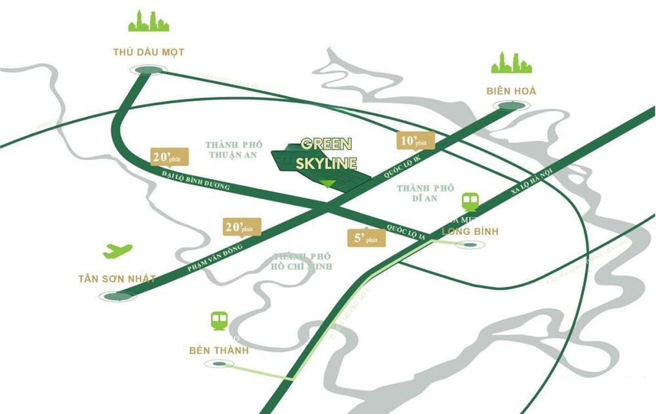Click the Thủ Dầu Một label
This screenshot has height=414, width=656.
pos(148,52)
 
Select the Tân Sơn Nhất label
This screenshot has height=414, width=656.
pos(117,279)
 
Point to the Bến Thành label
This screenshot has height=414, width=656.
pos(218,350)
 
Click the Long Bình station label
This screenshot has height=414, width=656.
pos(470,231)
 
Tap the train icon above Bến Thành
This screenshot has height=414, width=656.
pos(218,321)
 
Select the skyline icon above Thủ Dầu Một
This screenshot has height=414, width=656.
pos(148,22)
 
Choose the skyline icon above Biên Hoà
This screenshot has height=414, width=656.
pos(512,62)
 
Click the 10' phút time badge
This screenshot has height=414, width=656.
pos(416,141)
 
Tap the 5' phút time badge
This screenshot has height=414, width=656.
pos(366,238)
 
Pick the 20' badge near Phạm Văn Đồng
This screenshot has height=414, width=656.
pos(242,226)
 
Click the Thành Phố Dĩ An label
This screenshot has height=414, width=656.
pos(425,193)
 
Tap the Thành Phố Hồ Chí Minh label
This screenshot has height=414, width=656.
pos(303,261)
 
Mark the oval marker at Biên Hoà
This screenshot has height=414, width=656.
pos(510,106)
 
